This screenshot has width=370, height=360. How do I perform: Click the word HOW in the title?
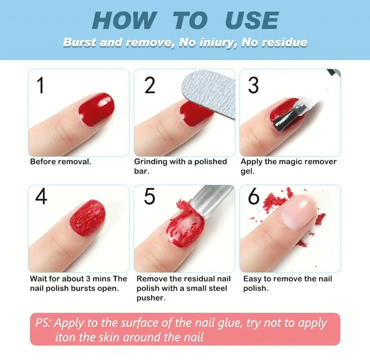point(124,20)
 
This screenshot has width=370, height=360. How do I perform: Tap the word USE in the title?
point(252,20)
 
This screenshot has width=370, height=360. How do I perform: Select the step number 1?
point(40,85)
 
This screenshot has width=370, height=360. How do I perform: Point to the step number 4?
point(41,196)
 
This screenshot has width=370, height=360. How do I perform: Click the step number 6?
point(253,196)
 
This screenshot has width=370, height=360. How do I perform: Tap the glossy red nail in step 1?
point(96,109)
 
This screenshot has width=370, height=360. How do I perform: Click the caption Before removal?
point(61,162)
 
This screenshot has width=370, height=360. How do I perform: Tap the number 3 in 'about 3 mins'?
point(88,279)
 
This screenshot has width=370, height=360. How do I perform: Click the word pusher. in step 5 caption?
point(151,298)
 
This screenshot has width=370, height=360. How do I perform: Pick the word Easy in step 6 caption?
point(252,279)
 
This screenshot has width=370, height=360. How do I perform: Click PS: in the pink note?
point(43,323)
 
